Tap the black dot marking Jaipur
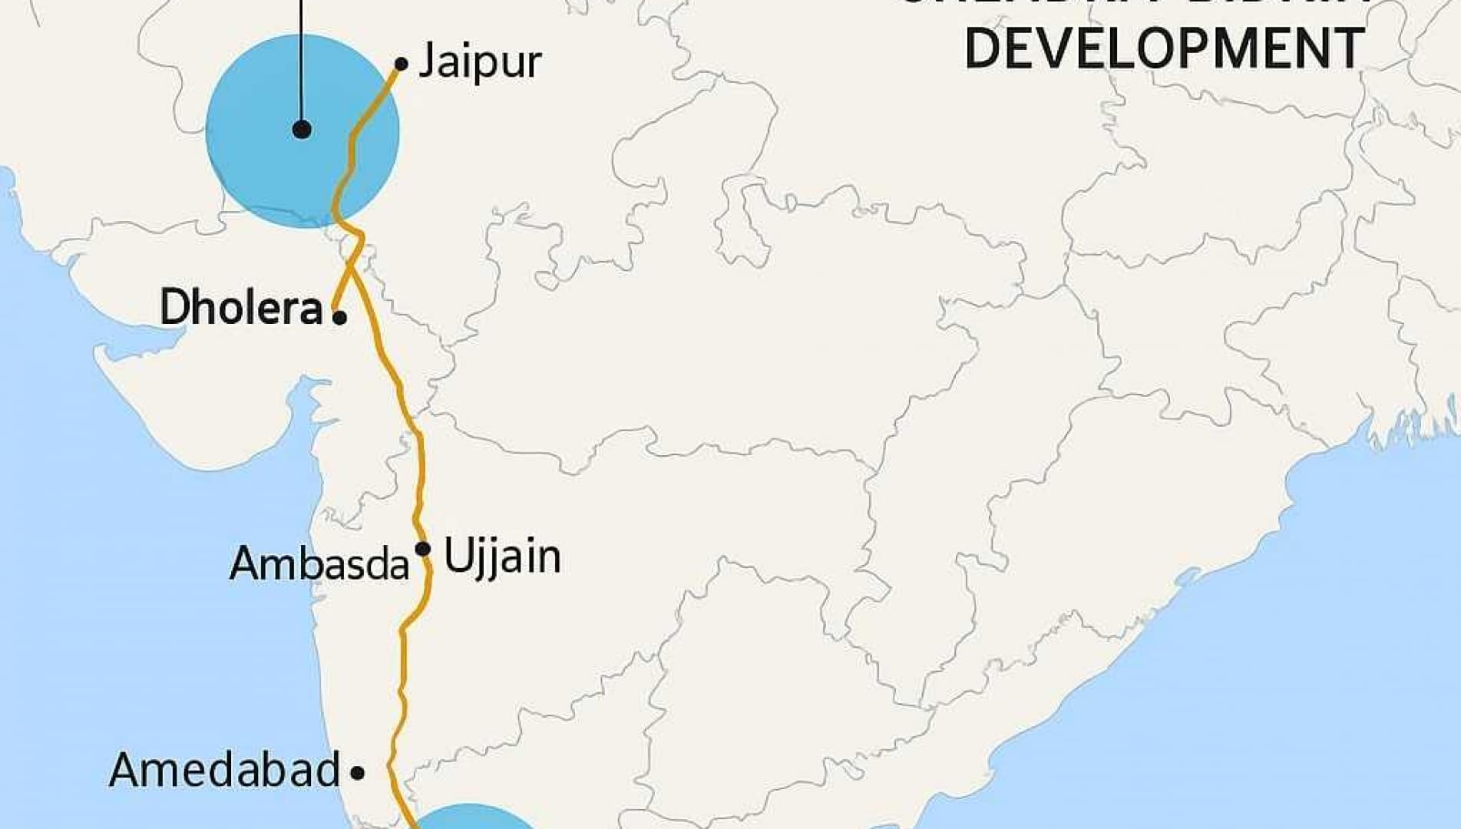coord(401,64)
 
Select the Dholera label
coord(241,308)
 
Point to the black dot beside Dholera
coord(339,317)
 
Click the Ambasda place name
coord(319,563)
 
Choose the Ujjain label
coord(503,557)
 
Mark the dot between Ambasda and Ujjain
coord(422,549)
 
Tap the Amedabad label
coord(224,770)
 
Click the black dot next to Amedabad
coord(357,772)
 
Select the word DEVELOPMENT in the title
coord(1164,48)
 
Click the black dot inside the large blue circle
coord(302,130)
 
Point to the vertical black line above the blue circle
coord(302,46)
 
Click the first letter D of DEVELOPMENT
coord(983,48)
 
